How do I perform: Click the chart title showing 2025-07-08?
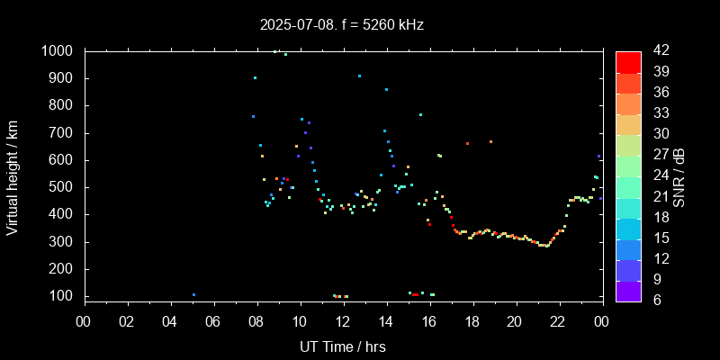click(341, 25)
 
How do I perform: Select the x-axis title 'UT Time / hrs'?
click(342, 346)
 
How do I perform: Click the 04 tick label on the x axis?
click(170, 320)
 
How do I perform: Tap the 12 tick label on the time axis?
click(342, 320)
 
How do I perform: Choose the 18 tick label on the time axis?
click(472, 320)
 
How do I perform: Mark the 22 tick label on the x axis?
click(557, 320)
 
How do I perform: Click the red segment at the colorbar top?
click(628, 61)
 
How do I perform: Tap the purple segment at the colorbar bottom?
click(628, 291)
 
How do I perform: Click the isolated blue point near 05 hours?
click(193, 294)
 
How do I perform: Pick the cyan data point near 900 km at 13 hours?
click(359, 76)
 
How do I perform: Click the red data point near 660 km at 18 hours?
click(467, 143)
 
